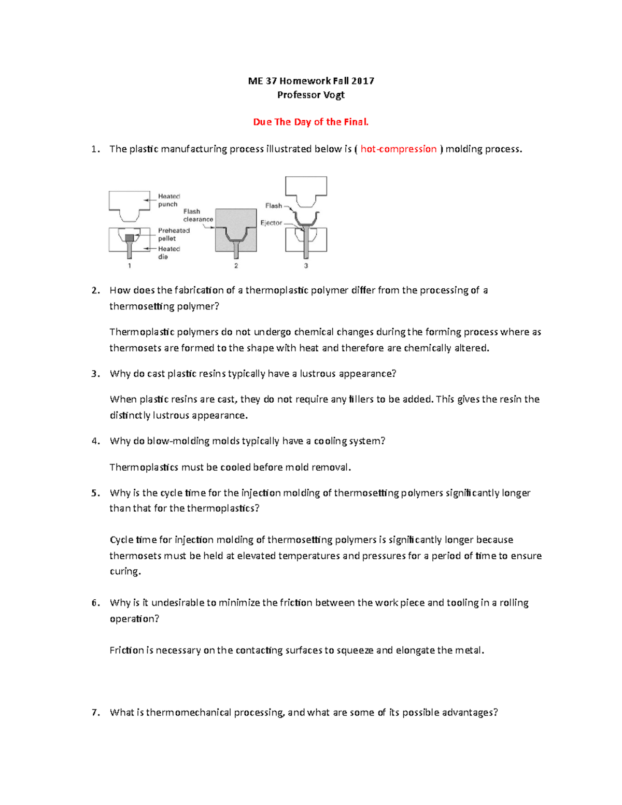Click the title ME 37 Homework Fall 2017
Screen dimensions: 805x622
[310, 81]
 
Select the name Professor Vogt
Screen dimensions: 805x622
[310, 95]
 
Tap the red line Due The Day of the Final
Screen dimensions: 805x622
[310, 122]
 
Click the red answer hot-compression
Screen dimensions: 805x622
[398, 149]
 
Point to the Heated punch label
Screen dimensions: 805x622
[168, 200]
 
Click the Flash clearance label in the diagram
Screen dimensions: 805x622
[197, 215]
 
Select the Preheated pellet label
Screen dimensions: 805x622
[174, 234]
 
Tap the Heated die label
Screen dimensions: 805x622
[168, 252]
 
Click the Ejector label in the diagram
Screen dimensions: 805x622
[271, 223]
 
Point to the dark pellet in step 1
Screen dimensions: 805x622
[130, 238]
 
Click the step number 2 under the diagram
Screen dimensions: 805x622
[236, 266]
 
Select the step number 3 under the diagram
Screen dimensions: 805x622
[306, 266]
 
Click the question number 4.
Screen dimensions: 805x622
[95, 441]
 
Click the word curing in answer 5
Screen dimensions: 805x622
[124, 571]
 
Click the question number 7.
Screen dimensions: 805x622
[95, 712]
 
